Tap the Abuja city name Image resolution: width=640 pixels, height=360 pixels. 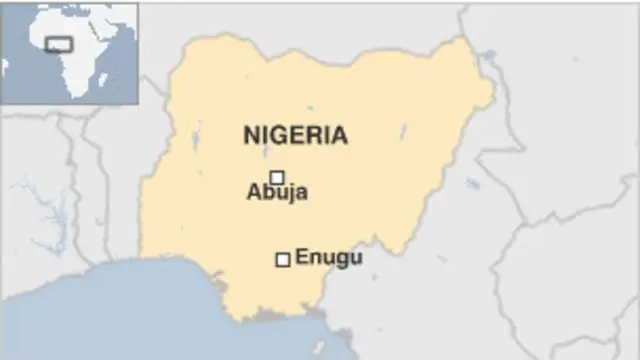pyautogui.click(x=277, y=193)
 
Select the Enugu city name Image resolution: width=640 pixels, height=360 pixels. pyautogui.click(x=329, y=257)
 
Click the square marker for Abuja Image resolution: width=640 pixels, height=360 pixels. pyautogui.click(x=277, y=177)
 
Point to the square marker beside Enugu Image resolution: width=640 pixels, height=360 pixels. pyautogui.click(x=283, y=259)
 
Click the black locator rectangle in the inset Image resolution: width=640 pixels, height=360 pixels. pyautogui.click(x=59, y=45)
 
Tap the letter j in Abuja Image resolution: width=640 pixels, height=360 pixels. pyautogui.click(x=290, y=194)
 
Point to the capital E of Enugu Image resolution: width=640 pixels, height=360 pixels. pyautogui.click(x=301, y=257)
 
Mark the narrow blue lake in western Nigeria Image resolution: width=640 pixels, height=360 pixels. pyautogui.click(x=196, y=135)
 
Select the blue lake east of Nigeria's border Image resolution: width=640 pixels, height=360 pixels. pyautogui.click(x=472, y=184)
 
